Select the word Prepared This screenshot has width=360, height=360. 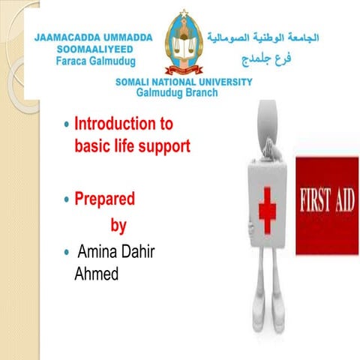(x=105, y=199)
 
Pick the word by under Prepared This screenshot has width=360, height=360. (x=118, y=226)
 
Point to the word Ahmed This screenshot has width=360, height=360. (x=96, y=274)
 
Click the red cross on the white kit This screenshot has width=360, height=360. (x=268, y=207)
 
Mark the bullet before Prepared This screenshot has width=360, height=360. (x=67, y=199)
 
